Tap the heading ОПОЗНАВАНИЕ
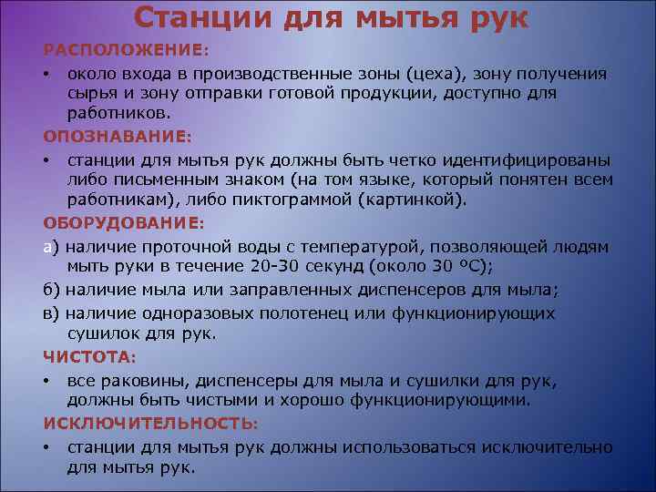(x=116, y=137)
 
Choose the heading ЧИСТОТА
(x=87, y=355)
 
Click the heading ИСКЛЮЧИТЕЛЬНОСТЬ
(x=149, y=423)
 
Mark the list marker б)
(x=51, y=290)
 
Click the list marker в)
(x=51, y=312)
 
